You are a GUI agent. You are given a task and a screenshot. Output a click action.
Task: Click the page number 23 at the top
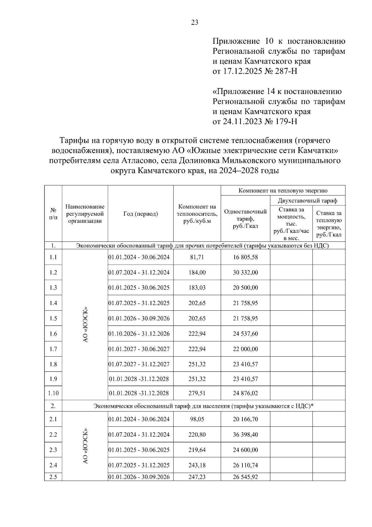(195, 22)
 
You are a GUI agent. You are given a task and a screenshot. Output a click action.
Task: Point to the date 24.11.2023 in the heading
(242, 121)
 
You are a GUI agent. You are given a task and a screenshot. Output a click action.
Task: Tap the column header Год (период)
(140, 214)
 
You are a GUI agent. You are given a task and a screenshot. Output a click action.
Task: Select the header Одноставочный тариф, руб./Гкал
(245, 219)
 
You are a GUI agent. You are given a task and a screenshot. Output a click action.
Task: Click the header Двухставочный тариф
(308, 200)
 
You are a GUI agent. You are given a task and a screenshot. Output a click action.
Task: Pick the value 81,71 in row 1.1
(197, 257)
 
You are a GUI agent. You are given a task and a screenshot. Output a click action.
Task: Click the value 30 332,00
(245, 273)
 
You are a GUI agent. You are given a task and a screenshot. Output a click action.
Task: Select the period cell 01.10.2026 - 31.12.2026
(139, 334)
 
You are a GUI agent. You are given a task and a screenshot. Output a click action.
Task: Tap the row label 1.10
(53, 393)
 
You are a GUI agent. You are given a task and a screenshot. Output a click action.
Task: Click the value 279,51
(197, 393)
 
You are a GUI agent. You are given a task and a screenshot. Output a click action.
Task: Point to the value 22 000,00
(245, 349)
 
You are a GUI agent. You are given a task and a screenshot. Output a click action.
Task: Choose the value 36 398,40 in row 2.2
(245, 435)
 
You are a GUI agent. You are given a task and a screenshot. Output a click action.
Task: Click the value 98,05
(197, 419)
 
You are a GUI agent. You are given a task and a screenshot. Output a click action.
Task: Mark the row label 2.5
(53, 477)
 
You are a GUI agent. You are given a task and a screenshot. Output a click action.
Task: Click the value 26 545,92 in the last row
(245, 477)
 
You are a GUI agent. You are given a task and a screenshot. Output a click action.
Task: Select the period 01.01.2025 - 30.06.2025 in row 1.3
(139, 288)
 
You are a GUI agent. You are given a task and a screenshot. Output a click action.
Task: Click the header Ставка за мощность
(291, 213)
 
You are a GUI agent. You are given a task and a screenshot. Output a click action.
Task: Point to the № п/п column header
(53, 214)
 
